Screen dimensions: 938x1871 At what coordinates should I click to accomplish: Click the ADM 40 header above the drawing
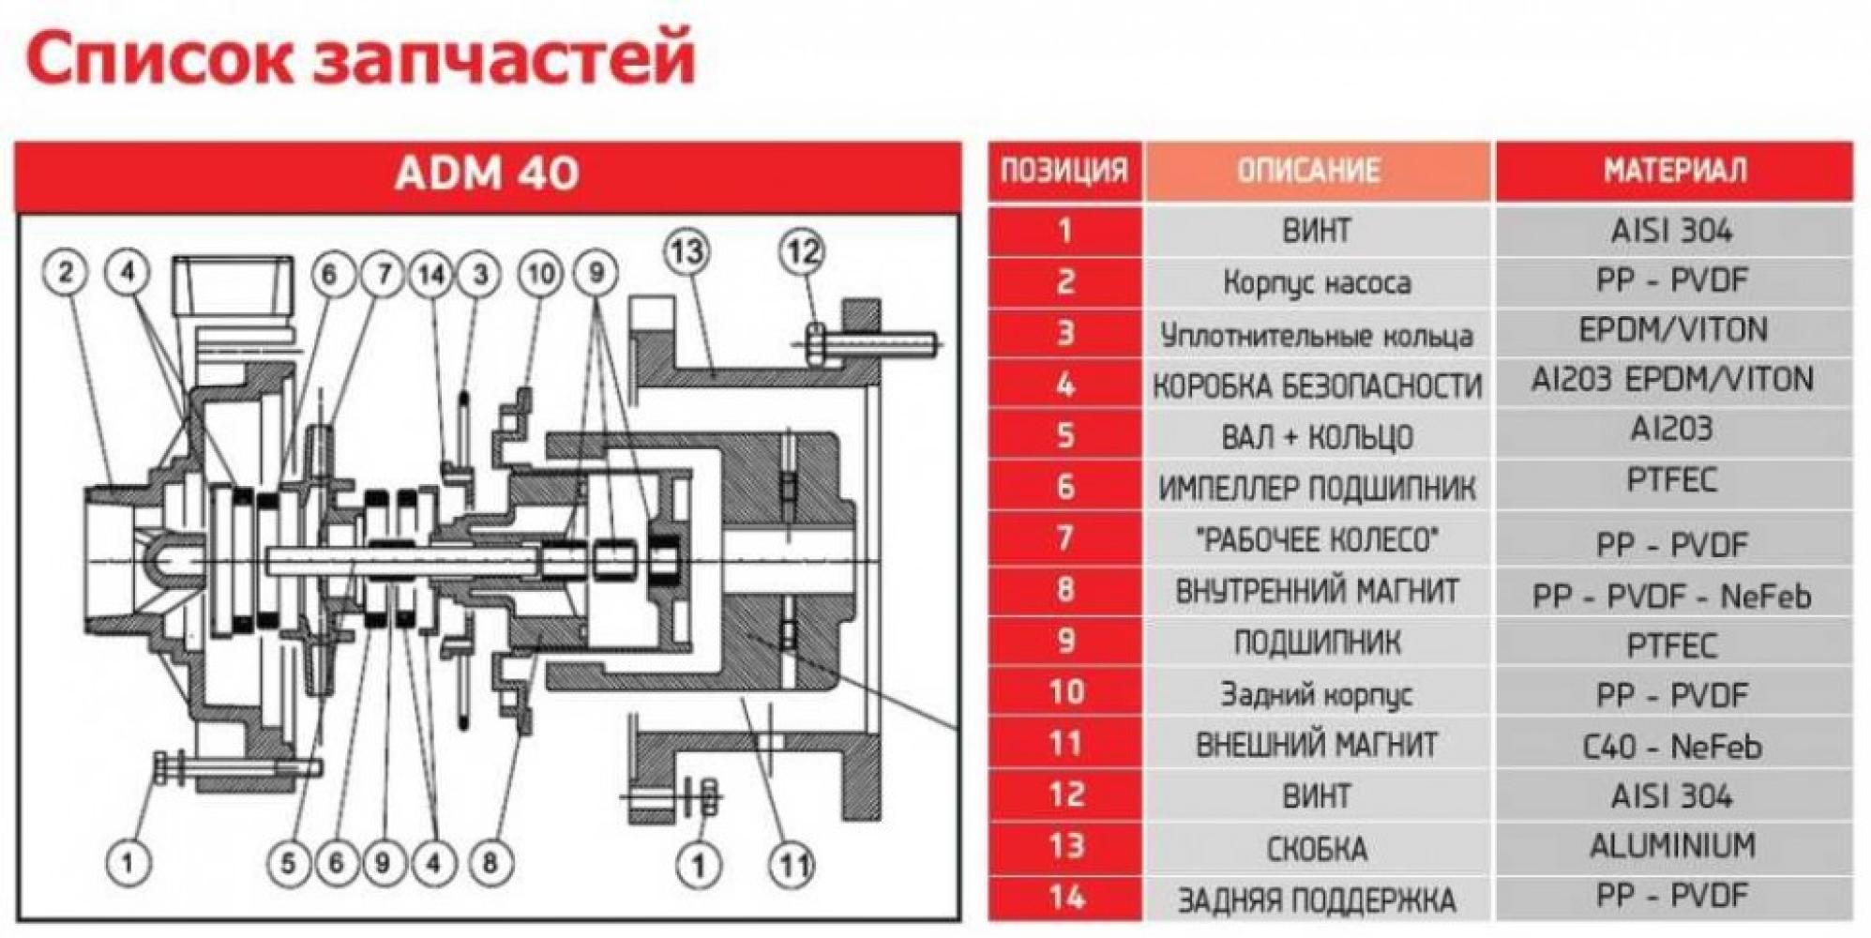[487, 174]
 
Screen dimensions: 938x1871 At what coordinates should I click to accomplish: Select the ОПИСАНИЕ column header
[1316, 171]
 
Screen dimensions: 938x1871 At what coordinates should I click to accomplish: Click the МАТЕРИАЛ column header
[1674, 171]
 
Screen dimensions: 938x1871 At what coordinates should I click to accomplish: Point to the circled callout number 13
[687, 251]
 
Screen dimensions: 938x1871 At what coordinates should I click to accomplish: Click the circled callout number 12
[802, 251]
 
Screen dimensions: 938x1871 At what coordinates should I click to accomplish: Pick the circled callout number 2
[66, 273]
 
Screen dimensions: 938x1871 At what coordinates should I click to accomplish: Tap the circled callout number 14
[432, 275]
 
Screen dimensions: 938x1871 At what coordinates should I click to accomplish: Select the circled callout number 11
[792, 865]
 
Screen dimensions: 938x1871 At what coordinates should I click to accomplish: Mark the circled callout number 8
[490, 862]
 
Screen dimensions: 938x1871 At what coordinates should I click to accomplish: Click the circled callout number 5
[288, 862]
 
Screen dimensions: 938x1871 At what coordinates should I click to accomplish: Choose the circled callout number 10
[541, 275]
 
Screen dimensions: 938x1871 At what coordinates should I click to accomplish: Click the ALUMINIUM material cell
[1672, 846]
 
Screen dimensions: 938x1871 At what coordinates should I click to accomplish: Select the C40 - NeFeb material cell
[1672, 747]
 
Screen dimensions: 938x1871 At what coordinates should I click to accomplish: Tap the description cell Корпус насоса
[1316, 282]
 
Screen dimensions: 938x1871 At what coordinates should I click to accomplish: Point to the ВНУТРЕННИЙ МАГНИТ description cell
[1316, 591]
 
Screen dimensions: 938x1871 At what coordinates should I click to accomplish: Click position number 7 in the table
[1064, 538]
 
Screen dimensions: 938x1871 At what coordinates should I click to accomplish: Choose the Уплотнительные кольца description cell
[1316, 335]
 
